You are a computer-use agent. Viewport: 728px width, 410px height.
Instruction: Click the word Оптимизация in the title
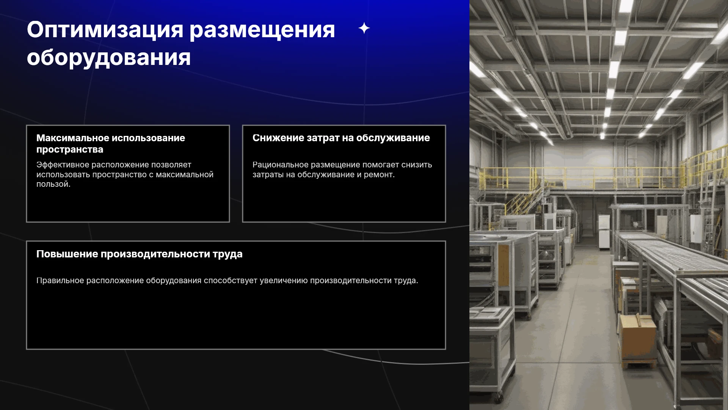[105, 30]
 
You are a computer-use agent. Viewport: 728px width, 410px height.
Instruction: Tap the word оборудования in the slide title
[109, 58]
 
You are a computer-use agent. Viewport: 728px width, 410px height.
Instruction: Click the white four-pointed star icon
[364, 28]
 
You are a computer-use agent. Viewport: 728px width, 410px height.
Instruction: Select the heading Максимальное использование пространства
[111, 143]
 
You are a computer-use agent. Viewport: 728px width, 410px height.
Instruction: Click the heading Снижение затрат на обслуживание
[341, 138]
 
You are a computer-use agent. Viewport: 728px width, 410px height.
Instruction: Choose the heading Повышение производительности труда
[140, 254]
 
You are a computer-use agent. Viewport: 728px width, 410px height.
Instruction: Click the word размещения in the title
[262, 30]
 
